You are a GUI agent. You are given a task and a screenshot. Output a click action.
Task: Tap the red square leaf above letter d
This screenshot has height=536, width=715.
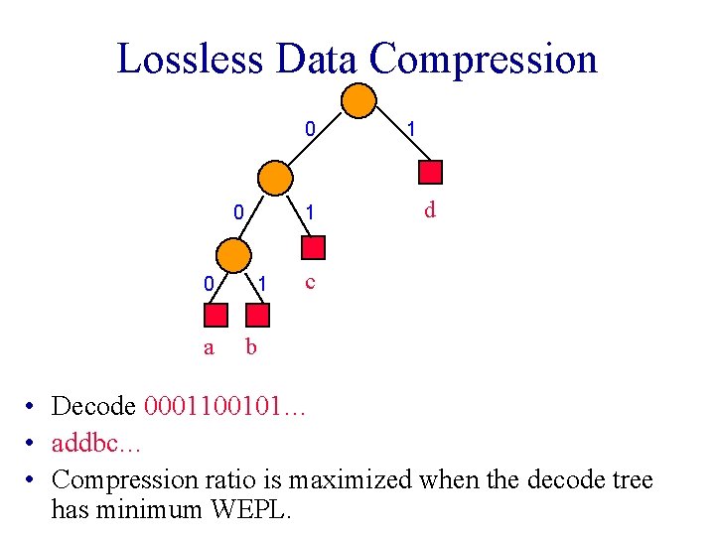click(x=429, y=172)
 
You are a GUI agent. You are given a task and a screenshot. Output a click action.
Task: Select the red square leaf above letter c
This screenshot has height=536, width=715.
click(x=313, y=248)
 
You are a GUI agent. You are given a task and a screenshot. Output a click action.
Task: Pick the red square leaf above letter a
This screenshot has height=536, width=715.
click(x=216, y=315)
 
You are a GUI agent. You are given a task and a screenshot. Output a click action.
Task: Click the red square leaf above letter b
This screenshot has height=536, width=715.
click(x=257, y=315)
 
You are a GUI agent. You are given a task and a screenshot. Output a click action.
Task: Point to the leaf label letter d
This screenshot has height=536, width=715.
click(x=429, y=210)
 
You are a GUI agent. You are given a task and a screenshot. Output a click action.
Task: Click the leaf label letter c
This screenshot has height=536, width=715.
click(x=311, y=282)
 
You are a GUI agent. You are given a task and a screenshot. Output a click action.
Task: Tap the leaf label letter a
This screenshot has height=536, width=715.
click(x=209, y=347)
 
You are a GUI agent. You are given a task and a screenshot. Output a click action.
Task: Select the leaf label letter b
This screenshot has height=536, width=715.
click(x=250, y=346)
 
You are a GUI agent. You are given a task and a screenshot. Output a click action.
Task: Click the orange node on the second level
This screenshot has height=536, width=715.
click(x=275, y=178)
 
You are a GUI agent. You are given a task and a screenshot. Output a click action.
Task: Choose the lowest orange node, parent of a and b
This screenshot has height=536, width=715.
click(x=233, y=254)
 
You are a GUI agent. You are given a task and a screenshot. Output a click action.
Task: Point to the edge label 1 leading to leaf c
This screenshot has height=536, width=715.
click(x=311, y=211)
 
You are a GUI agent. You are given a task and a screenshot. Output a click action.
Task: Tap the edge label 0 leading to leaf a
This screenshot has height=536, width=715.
click(x=208, y=284)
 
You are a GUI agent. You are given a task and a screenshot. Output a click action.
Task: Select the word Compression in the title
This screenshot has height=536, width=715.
click(x=484, y=59)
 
